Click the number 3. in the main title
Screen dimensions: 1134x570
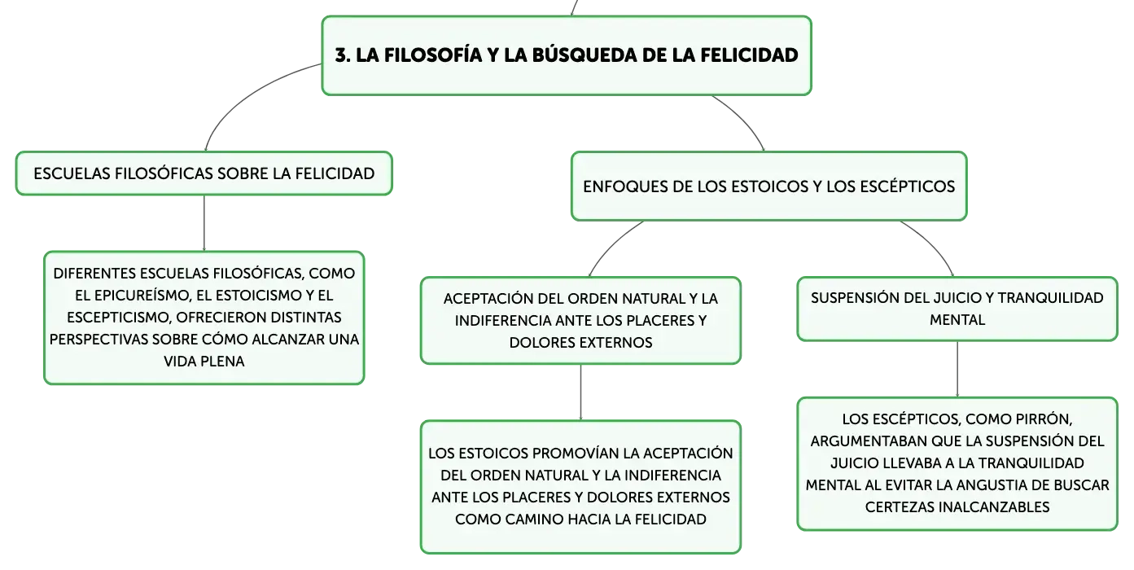[x=343, y=55]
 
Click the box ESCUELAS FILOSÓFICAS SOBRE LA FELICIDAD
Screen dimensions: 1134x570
[x=204, y=173]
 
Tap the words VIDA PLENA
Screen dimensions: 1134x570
[x=204, y=362]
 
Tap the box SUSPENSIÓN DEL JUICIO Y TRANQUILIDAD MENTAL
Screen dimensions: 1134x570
[x=957, y=309]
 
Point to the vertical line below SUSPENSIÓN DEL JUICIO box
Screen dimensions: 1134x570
[x=957, y=369]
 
